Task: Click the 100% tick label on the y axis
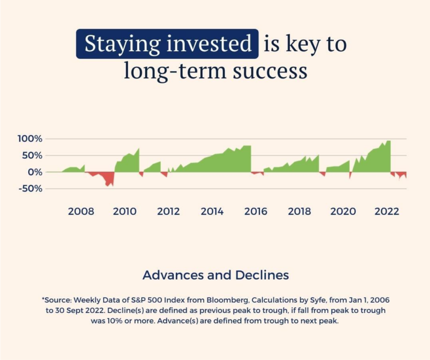click(30, 139)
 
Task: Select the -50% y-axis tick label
click(31, 189)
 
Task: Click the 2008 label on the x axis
click(81, 211)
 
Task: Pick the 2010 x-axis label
click(125, 211)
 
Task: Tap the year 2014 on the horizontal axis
click(212, 211)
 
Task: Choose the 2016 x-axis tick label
click(256, 211)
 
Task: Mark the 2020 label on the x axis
click(343, 211)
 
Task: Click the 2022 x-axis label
click(387, 211)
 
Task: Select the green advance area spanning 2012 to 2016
click(219, 162)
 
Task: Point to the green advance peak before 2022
click(388, 142)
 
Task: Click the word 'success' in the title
click(270, 71)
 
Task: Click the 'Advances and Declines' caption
click(216, 275)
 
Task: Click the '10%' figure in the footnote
click(115, 321)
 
